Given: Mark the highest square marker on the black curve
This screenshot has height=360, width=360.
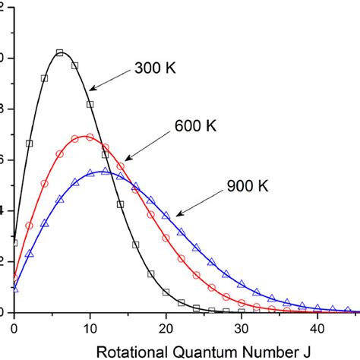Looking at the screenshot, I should coord(59,52).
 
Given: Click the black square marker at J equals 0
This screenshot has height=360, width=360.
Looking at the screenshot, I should coord(14,242).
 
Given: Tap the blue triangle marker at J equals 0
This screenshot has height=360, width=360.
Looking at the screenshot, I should coord(14,289).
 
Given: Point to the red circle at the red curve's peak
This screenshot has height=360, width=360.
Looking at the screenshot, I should coord(90,137).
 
